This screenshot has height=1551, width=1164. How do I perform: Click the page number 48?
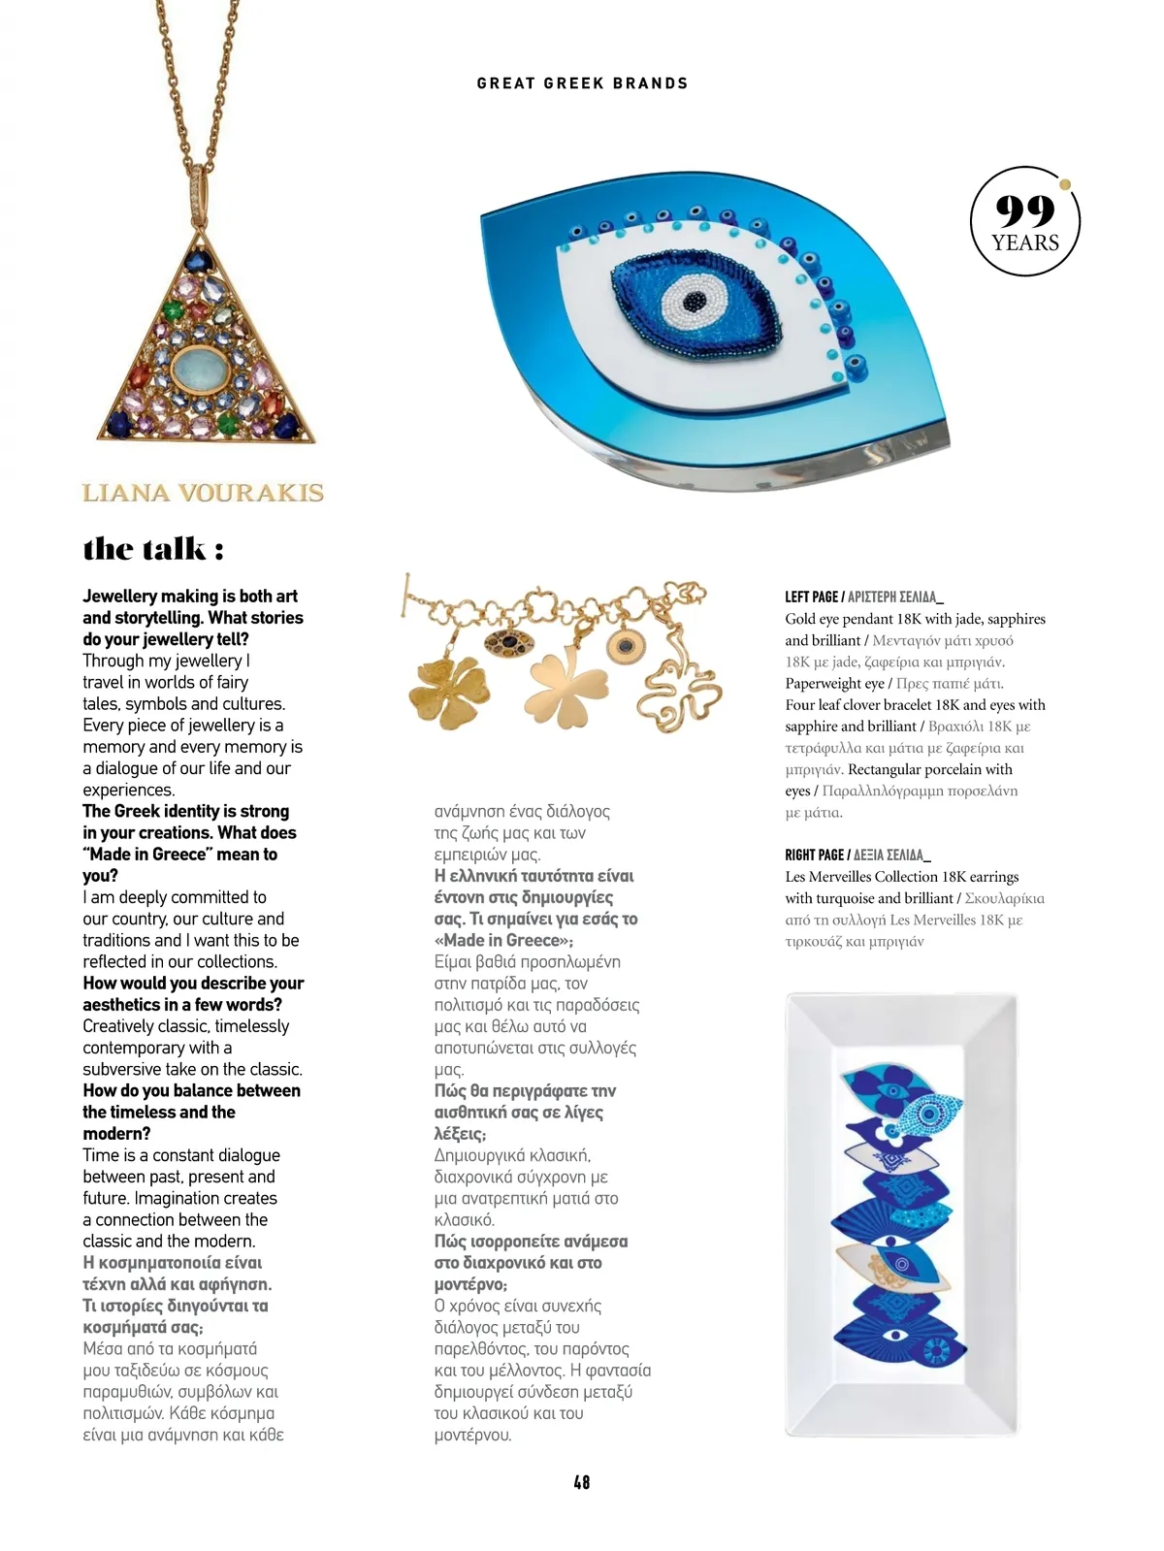pyautogui.click(x=581, y=1481)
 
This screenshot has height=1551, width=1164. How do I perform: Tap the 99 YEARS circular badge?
pyautogui.click(x=1025, y=222)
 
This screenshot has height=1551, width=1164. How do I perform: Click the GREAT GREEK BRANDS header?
pyautogui.click(x=582, y=83)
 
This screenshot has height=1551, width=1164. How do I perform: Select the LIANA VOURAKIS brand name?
pyautogui.click(x=203, y=493)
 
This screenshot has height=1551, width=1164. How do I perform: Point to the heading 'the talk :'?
pyautogui.click(x=153, y=549)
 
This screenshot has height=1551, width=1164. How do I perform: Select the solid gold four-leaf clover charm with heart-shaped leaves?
pyautogui.click(x=566, y=687)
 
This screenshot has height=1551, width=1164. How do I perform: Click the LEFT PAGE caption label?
pyautogui.click(x=812, y=597)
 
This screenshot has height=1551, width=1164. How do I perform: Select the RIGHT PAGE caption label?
pyautogui.click(x=815, y=855)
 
